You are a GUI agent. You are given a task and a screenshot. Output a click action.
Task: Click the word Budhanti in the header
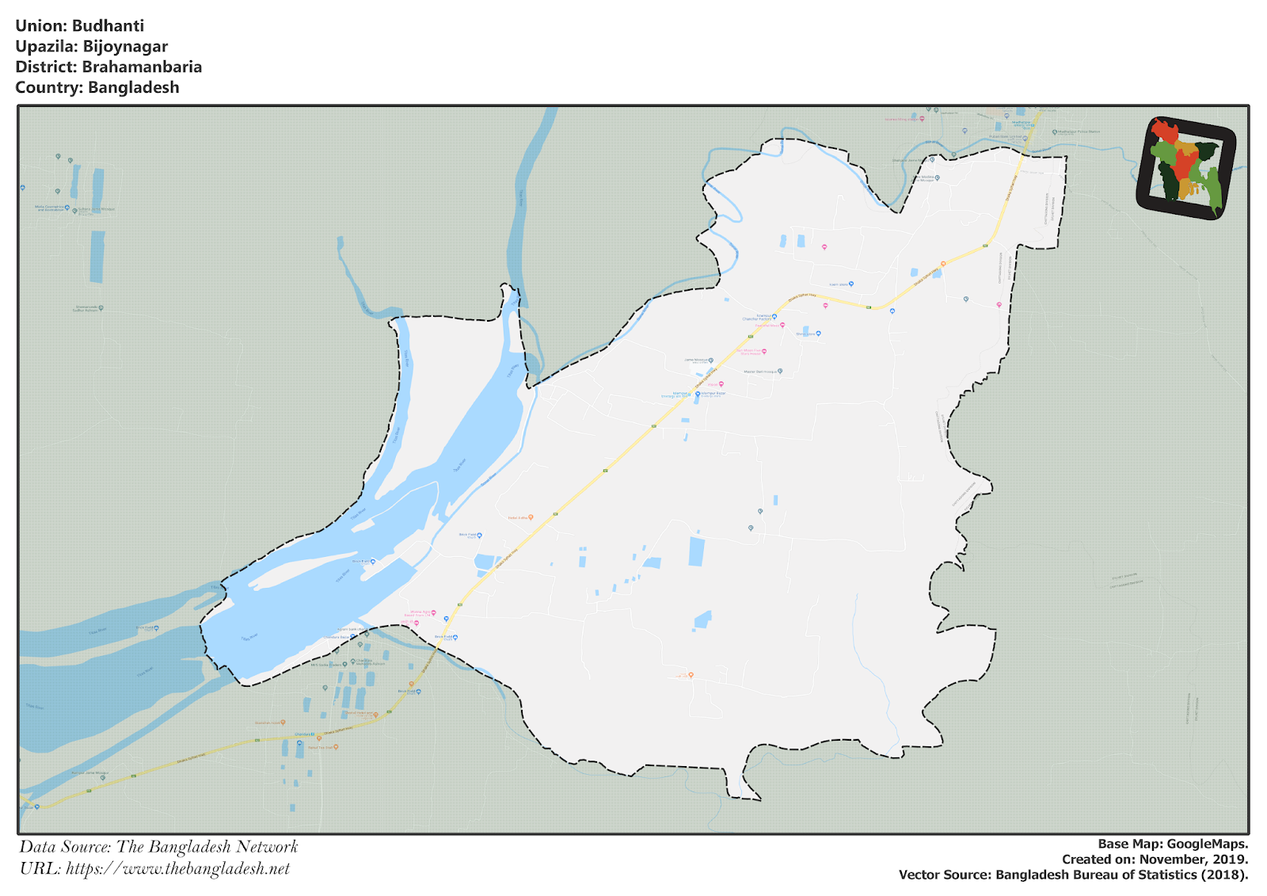pos(108,26)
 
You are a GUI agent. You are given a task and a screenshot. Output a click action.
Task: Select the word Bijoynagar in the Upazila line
pos(125,47)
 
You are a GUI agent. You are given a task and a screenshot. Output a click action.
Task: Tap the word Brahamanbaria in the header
pos(142,67)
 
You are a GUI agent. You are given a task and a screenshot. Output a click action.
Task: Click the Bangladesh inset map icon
pos(1185,168)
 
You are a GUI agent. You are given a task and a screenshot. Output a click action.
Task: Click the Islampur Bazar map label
pos(712,394)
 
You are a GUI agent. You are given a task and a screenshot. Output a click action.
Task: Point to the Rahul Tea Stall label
pos(322,747)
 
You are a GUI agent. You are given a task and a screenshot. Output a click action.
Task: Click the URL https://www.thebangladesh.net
pos(178,868)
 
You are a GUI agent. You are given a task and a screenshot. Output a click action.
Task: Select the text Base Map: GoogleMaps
pos(1172,844)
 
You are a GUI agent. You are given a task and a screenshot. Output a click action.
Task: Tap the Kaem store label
pos(839,284)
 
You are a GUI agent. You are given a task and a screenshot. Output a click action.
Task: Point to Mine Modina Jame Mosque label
pos(925,178)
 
